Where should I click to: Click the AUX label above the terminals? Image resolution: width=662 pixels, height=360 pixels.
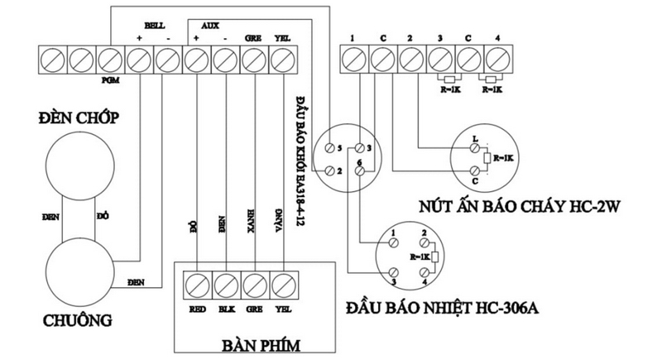pos(209,26)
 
